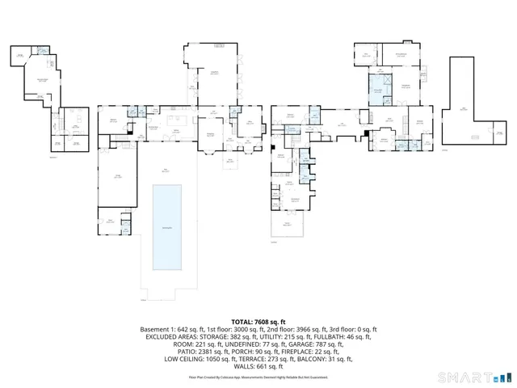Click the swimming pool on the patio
[x=167, y=227]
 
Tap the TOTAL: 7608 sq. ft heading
[x=258, y=322]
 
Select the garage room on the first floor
[x=118, y=177]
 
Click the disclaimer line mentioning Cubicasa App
[x=258, y=377]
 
